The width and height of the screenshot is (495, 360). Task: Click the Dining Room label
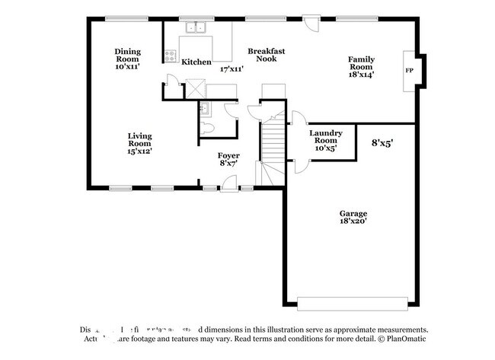pos(128,55)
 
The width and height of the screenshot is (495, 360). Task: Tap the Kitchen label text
pos(196,62)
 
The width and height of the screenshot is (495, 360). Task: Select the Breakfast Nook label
pos(267,55)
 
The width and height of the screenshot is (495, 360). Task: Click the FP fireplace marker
pos(409,71)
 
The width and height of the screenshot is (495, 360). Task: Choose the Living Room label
pos(139,143)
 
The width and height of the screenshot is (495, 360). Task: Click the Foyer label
pos(229,158)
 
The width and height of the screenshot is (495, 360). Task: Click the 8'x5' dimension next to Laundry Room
pos(382,142)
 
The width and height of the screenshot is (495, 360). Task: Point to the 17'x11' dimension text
pos(231,69)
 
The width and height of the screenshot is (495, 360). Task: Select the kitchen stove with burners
pos(170,55)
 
